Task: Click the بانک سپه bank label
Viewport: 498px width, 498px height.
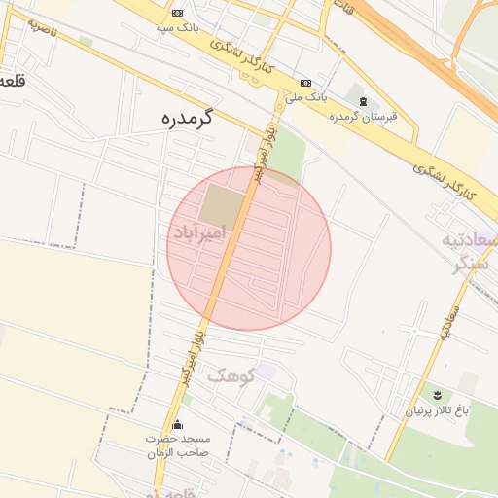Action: (178, 28)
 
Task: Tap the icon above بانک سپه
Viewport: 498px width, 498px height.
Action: (177, 13)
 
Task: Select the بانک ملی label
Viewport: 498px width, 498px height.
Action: (306, 98)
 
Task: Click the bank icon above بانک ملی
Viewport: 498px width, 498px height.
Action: (306, 84)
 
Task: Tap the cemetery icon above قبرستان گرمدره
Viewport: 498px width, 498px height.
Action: (363, 102)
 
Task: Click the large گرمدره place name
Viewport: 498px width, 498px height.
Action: (186, 120)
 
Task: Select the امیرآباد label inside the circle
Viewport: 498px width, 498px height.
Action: (200, 233)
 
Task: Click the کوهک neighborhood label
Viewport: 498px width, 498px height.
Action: (231, 373)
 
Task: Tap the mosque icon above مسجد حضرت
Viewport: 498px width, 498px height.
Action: (177, 425)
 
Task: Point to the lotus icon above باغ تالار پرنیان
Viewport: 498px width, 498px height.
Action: (438, 395)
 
